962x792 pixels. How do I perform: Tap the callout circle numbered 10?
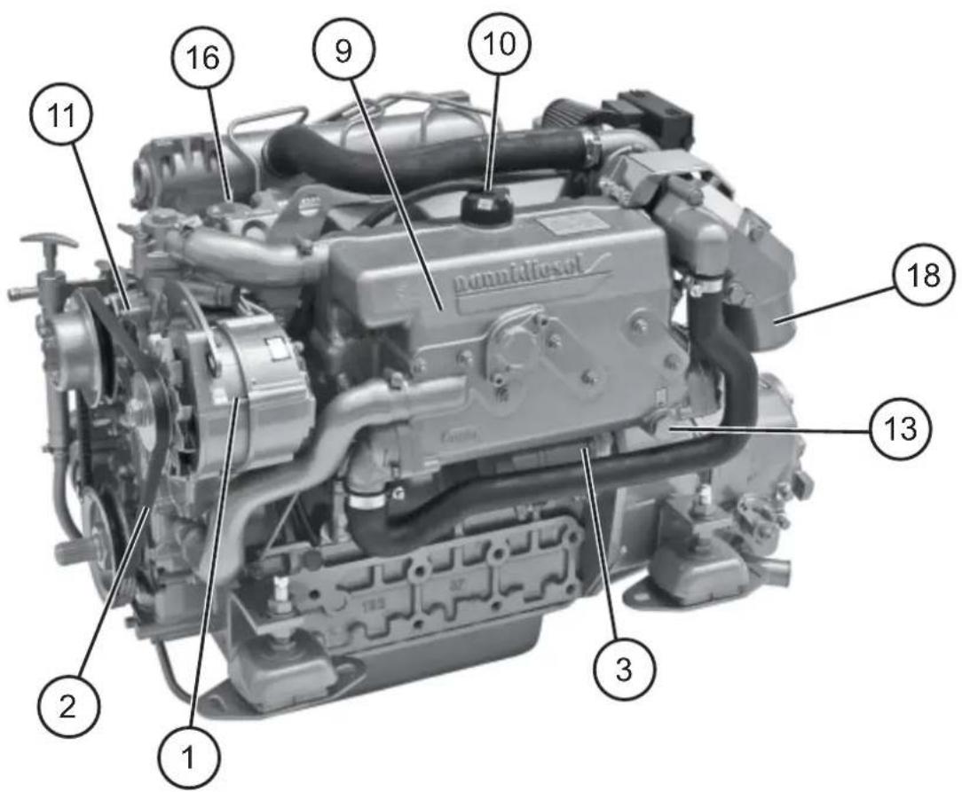click(498, 43)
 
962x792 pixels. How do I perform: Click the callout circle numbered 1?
click(186, 756)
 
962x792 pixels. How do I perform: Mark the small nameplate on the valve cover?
click(568, 225)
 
